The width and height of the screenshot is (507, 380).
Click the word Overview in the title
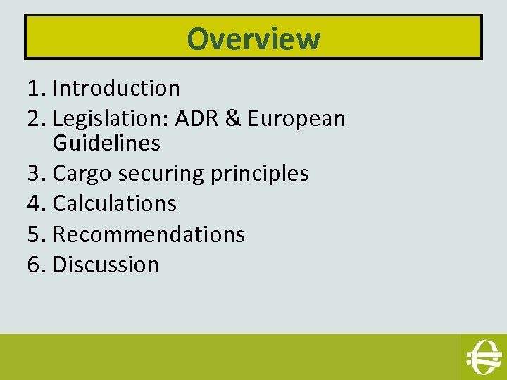point(254,39)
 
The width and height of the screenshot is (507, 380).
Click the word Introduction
point(117,89)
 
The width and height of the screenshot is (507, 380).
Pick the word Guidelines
point(107,144)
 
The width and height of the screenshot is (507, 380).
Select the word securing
point(160,174)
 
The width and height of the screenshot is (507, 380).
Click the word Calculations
point(115,203)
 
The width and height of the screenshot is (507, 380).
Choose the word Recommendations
point(149,234)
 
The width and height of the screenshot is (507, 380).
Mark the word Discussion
point(106,265)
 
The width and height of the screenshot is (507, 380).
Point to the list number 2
point(35,119)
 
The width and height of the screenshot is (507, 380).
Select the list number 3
point(35,173)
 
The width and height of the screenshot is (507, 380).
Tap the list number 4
point(35,203)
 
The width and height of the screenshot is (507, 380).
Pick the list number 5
point(35,234)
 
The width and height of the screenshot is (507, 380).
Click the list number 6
point(35,265)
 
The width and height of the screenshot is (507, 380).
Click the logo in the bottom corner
point(483,356)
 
